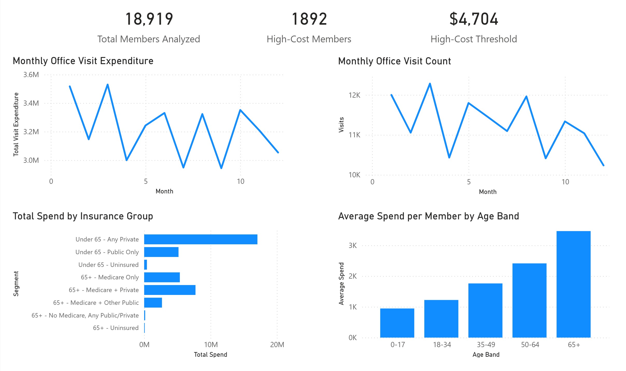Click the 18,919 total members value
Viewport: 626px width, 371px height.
149,19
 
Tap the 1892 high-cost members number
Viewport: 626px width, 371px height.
309,19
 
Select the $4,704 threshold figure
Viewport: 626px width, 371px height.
474,19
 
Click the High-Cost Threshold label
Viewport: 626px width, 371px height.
474,39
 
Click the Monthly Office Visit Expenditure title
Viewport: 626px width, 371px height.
83,61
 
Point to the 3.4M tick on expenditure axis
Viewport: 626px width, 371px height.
31,103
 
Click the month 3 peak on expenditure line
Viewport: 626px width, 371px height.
108,84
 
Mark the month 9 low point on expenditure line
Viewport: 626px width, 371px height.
221,168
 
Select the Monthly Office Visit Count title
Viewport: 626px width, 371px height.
395,61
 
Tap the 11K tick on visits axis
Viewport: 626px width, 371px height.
354,135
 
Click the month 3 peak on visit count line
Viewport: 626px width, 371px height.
430,84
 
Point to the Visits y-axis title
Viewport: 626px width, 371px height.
341,125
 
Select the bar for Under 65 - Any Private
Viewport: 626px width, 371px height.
201,239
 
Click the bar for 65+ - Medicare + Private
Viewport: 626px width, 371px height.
170,290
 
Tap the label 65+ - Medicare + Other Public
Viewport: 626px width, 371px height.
96,303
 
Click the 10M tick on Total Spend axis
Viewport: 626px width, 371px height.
211,345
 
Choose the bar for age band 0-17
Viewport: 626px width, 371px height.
397,323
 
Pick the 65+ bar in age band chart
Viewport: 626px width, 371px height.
573,284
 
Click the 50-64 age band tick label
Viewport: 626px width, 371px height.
530,345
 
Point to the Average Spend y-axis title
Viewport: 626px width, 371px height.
341,284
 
